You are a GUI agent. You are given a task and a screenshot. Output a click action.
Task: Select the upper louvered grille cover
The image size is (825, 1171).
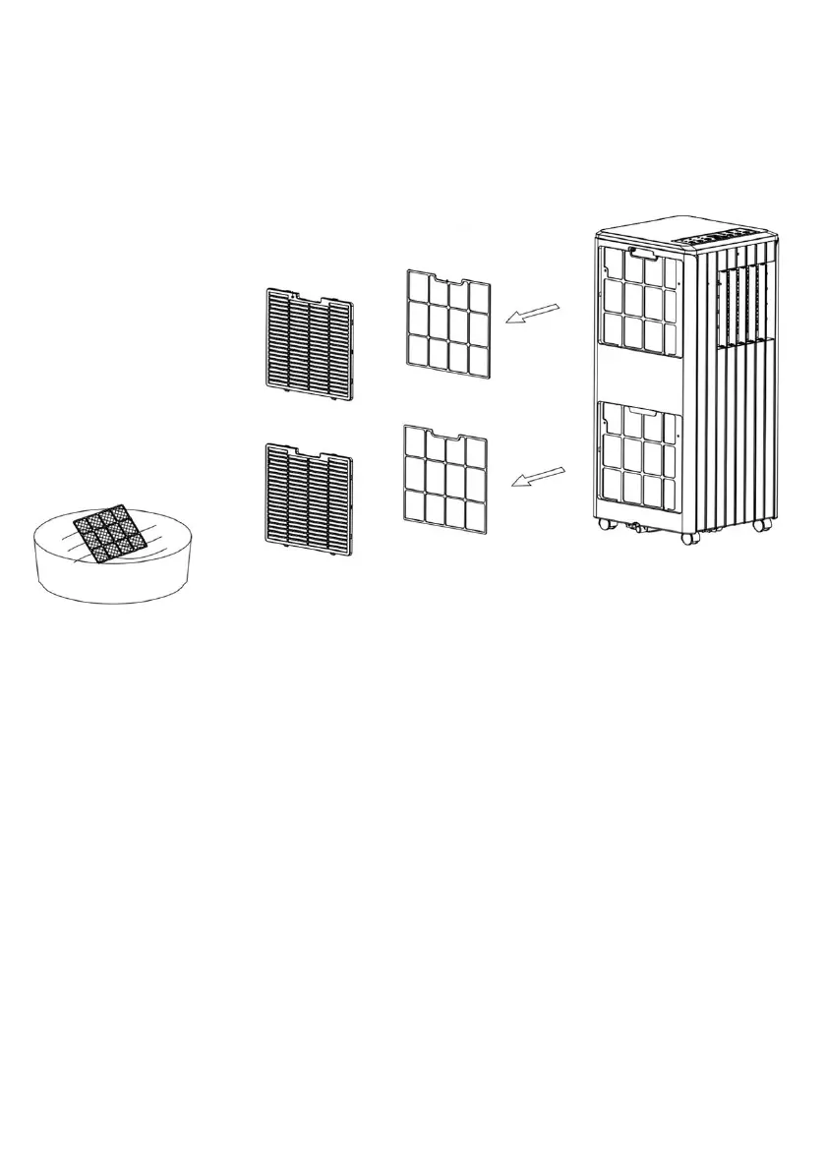tap(309, 343)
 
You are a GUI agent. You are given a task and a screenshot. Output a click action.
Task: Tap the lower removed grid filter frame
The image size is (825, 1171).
tap(444, 480)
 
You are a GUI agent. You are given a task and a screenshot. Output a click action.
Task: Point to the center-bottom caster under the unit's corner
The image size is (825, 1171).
tap(688, 537)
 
